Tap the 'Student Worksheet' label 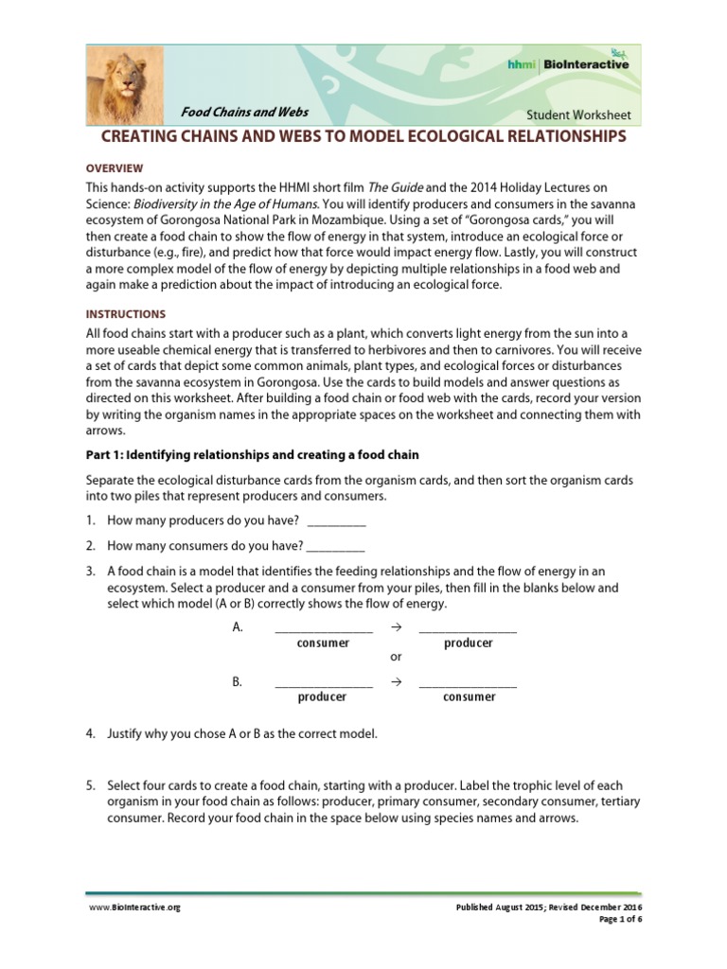tap(578, 115)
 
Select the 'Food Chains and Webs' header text tap(245, 112)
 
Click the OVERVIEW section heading tap(115, 167)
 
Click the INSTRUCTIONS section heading tap(126, 313)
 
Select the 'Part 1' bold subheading tap(252, 455)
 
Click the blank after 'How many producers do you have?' tap(336, 521)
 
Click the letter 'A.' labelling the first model tap(238, 627)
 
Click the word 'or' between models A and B tap(397, 657)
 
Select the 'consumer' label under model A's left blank tap(323, 643)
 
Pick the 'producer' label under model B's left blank tap(322, 697)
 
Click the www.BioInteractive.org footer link tap(133, 907)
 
